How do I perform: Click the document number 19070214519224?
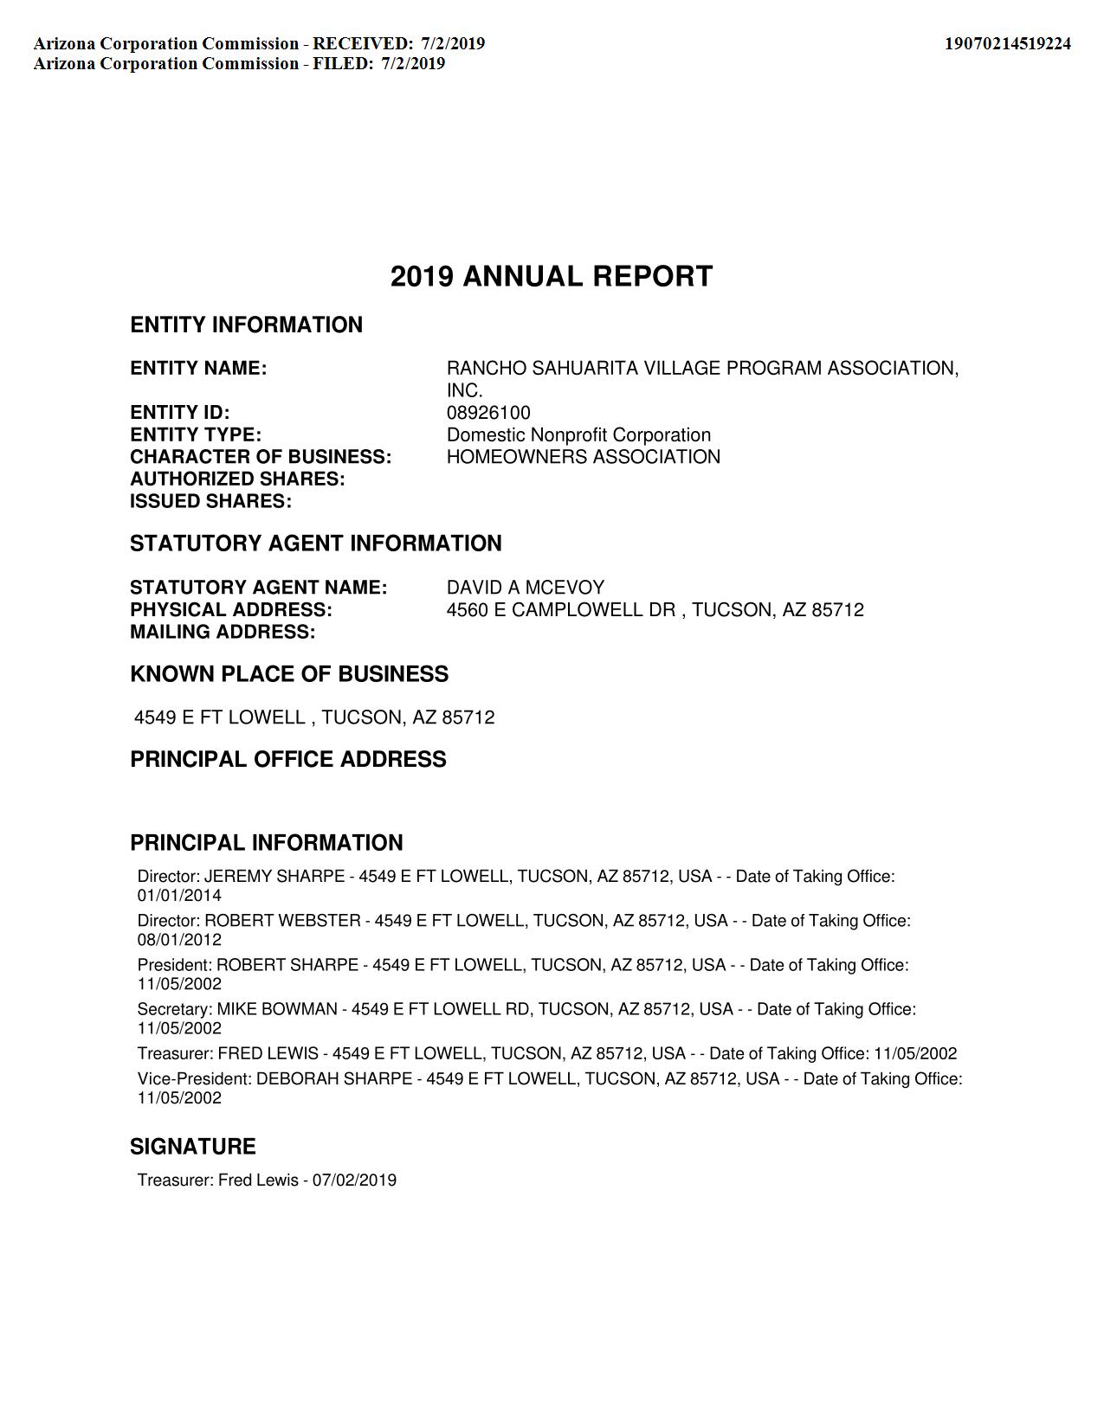pos(1007,43)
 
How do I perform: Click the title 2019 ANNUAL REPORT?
pos(552,277)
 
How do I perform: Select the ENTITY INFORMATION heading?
pos(246,325)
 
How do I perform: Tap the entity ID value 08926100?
pos(488,413)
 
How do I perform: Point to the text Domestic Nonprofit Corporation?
pos(578,435)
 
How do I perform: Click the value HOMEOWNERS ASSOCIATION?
pos(583,457)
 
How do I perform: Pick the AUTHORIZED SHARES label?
pos(237,479)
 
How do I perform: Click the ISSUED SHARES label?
pos(210,501)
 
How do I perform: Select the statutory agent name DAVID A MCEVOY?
pos(525,588)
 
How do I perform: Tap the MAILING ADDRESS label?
pos(223,632)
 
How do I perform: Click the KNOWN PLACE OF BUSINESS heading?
pos(289,674)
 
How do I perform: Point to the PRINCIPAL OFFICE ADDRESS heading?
pos(288,759)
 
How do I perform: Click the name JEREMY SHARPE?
pos(274,877)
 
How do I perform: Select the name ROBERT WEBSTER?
pos(282,921)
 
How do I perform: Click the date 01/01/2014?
pos(179,896)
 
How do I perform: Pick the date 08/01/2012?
pos(179,940)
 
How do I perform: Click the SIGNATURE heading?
pos(193,1147)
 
